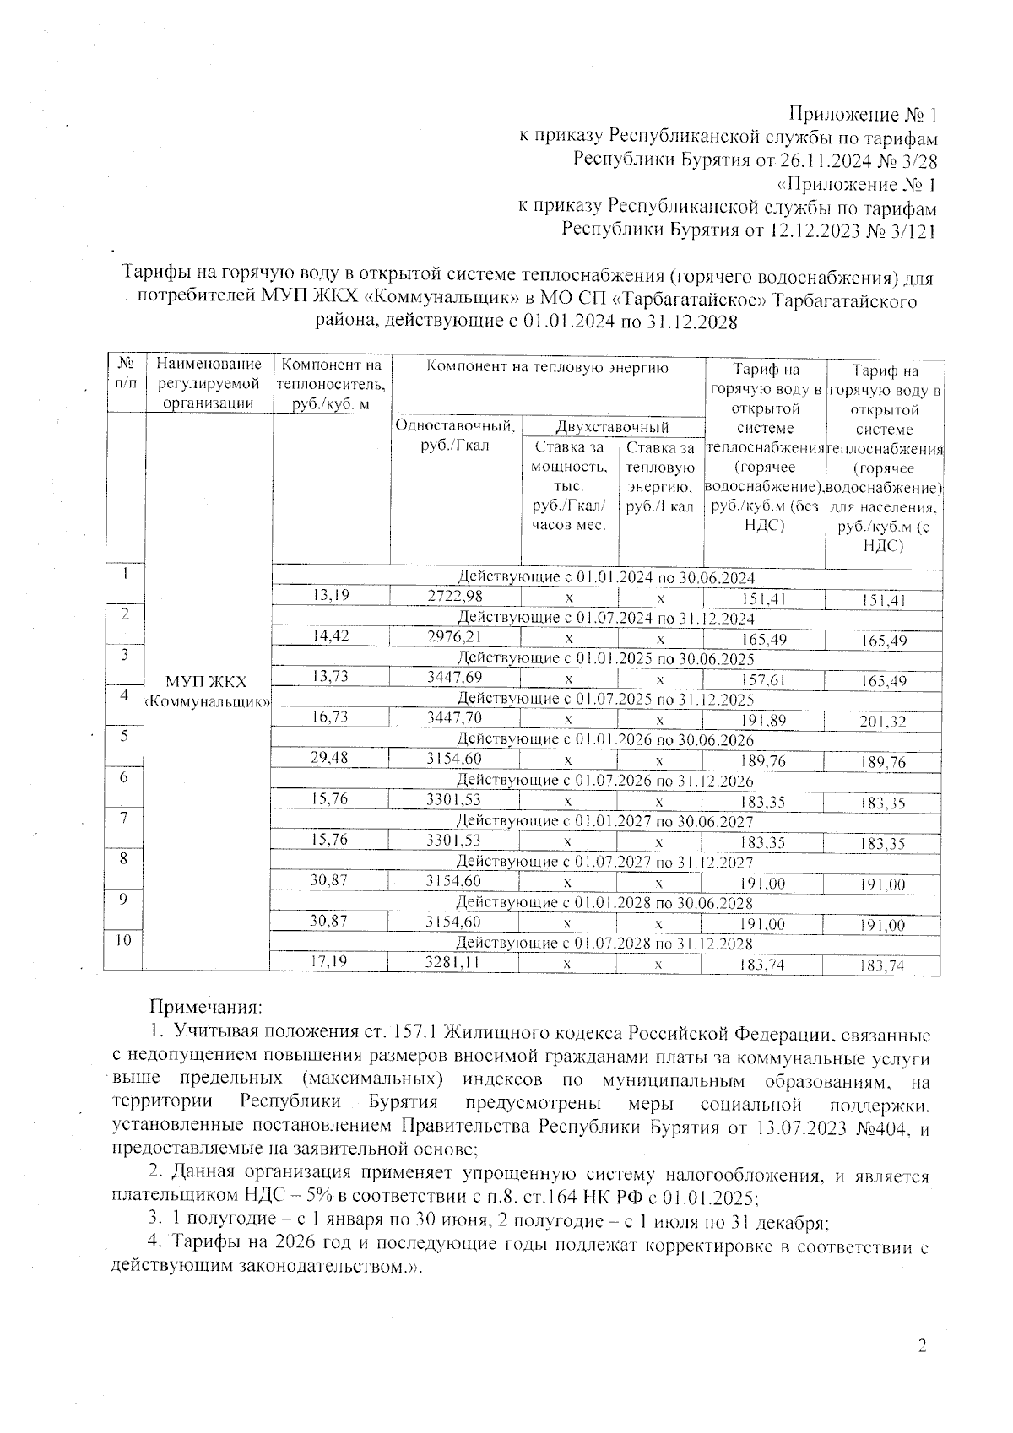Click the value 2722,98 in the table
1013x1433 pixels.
click(x=454, y=597)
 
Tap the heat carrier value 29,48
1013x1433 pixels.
click(x=330, y=758)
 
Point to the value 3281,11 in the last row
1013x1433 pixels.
click(x=454, y=961)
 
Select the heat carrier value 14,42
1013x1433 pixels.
click(x=330, y=637)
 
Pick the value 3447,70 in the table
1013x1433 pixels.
click(x=454, y=717)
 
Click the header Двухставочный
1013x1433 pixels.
click(x=612, y=428)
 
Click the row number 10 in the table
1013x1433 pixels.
click(x=124, y=939)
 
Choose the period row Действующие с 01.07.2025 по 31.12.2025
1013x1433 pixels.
click(x=604, y=699)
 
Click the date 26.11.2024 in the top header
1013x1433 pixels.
click(x=823, y=160)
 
